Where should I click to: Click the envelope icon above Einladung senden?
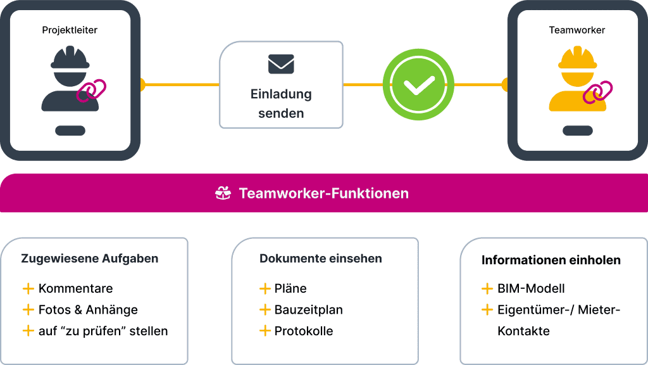click(281, 64)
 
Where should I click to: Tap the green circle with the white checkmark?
click(419, 84)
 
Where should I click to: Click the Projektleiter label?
click(70, 30)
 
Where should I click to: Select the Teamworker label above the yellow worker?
click(576, 30)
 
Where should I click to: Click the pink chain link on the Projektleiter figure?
click(92, 90)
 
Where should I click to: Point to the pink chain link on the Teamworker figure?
click(598, 92)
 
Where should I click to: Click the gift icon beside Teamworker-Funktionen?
click(223, 193)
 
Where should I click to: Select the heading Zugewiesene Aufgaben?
click(90, 259)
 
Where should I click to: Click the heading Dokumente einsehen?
click(321, 259)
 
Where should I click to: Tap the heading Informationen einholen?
click(551, 260)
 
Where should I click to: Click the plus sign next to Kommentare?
click(28, 288)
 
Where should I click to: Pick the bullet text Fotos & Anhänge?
click(88, 310)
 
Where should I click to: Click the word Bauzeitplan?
click(309, 310)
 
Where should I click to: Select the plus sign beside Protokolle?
click(265, 331)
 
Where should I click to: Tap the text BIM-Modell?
click(531, 289)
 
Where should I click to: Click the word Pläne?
click(290, 288)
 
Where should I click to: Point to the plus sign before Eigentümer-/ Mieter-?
click(487, 310)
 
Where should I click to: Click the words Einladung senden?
click(281, 104)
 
